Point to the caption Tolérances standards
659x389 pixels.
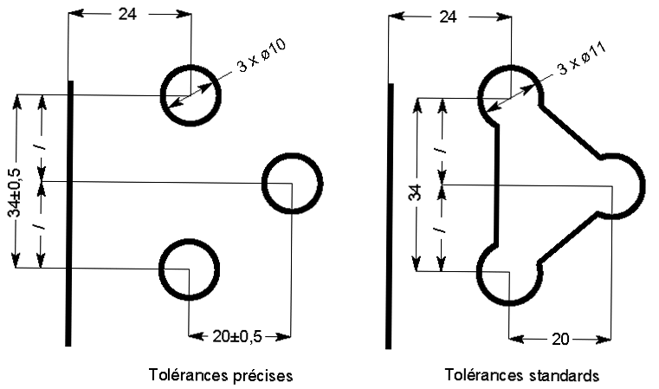[x=521, y=376]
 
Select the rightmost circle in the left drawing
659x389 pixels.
[x=292, y=183]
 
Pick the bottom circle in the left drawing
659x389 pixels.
[x=188, y=269]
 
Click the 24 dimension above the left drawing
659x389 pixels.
[x=127, y=15]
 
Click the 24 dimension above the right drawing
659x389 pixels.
[x=449, y=16]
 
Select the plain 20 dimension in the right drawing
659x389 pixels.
[x=559, y=339]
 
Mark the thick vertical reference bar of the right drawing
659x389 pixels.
[x=391, y=217]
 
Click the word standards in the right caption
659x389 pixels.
[x=560, y=376]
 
